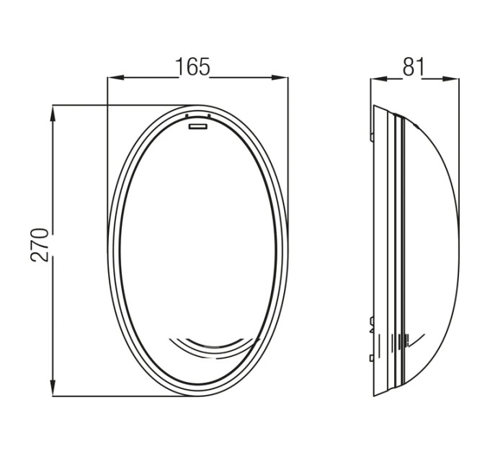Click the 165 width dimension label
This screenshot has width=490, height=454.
(x=192, y=66)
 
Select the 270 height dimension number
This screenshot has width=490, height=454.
(x=40, y=245)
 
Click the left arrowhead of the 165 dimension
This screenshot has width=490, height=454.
(x=115, y=78)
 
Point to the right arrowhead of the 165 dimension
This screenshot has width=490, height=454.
(x=280, y=78)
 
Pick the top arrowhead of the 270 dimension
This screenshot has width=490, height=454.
(x=53, y=114)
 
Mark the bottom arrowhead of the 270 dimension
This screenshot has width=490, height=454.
(x=53, y=388)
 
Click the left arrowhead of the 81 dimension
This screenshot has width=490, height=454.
(x=379, y=79)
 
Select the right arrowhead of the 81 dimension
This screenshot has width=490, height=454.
(x=451, y=79)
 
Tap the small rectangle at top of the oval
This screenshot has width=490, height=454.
(x=198, y=126)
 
